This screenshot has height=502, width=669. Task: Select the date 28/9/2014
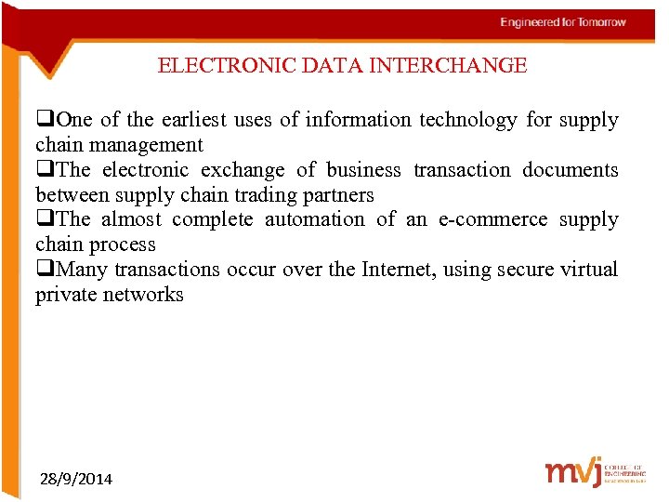[x=76, y=480]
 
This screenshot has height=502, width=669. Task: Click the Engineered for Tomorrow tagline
[x=563, y=22]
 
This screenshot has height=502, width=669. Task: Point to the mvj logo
[x=572, y=472]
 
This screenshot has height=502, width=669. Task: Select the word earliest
[x=194, y=120]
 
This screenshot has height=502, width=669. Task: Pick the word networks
[x=142, y=296]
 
